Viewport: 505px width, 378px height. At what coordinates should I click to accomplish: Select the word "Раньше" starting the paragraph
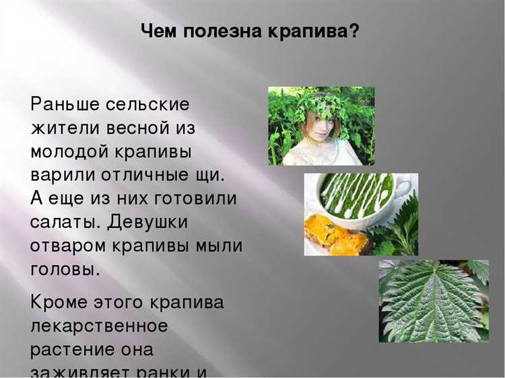coord(64,104)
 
